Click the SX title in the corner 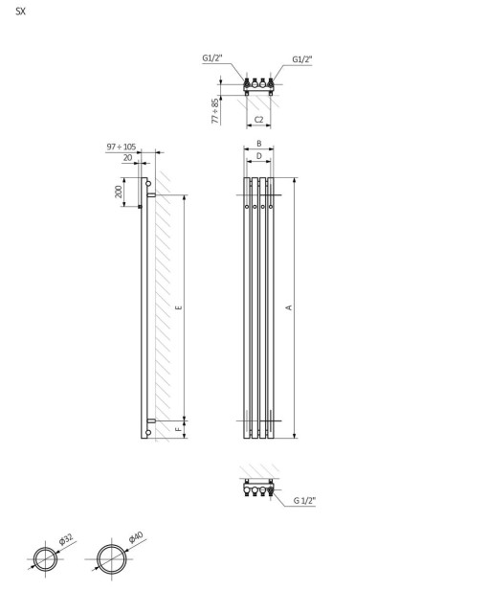(21, 11)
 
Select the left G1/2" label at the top (211, 58)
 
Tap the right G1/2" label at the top (302, 59)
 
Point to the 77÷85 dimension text (215, 111)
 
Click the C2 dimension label (259, 120)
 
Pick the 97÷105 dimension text (121, 147)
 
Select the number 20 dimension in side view (127, 158)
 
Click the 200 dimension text (119, 192)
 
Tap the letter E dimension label (179, 307)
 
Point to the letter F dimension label (179, 429)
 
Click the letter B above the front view (259, 144)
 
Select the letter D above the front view (259, 156)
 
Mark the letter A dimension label (289, 307)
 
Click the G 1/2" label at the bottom (304, 501)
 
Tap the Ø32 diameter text (65, 541)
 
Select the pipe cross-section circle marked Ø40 (111, 558)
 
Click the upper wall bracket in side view (151, 195)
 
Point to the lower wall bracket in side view (151, 420)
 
